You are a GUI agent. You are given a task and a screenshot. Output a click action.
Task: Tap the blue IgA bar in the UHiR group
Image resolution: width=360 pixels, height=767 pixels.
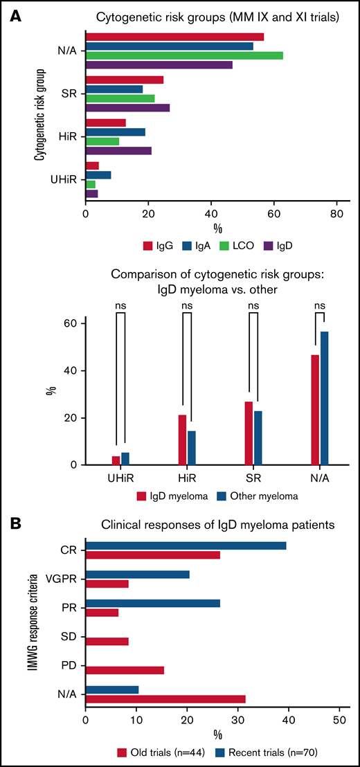98,174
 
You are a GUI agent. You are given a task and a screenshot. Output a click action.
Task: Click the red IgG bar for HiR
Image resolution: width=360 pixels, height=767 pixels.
105,123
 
